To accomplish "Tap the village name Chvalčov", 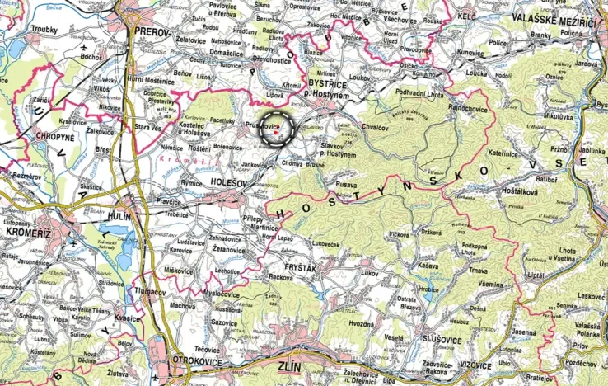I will pyautogui.click(x=375, y=128).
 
